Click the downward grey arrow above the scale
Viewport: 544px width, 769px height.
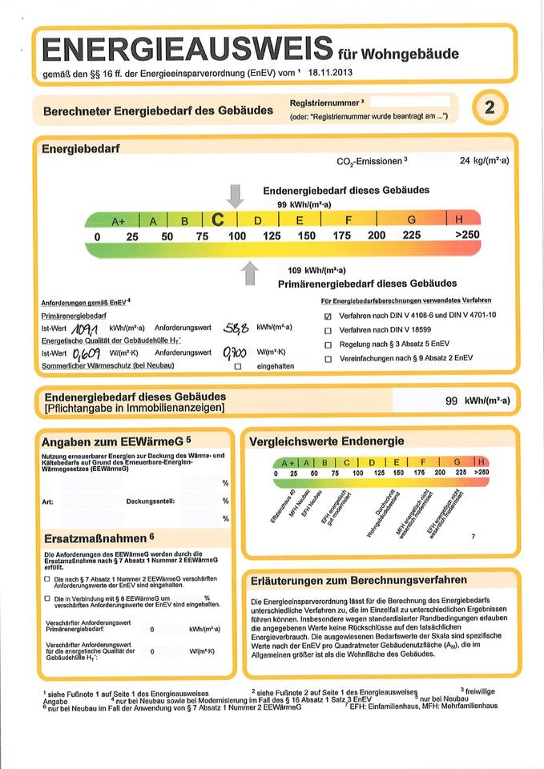[236, 195]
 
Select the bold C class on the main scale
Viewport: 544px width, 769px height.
[219, 219]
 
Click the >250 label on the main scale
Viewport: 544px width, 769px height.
[466, 236]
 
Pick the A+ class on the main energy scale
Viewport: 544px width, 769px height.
[119, 220]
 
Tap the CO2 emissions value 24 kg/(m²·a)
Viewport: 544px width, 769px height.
[485, 161]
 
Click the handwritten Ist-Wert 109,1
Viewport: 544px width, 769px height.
[85, 328]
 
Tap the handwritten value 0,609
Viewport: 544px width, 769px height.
[86, 352]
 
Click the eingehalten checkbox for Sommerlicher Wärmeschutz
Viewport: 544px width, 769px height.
[237, 366]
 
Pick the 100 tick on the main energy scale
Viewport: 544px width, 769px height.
[237, 236]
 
